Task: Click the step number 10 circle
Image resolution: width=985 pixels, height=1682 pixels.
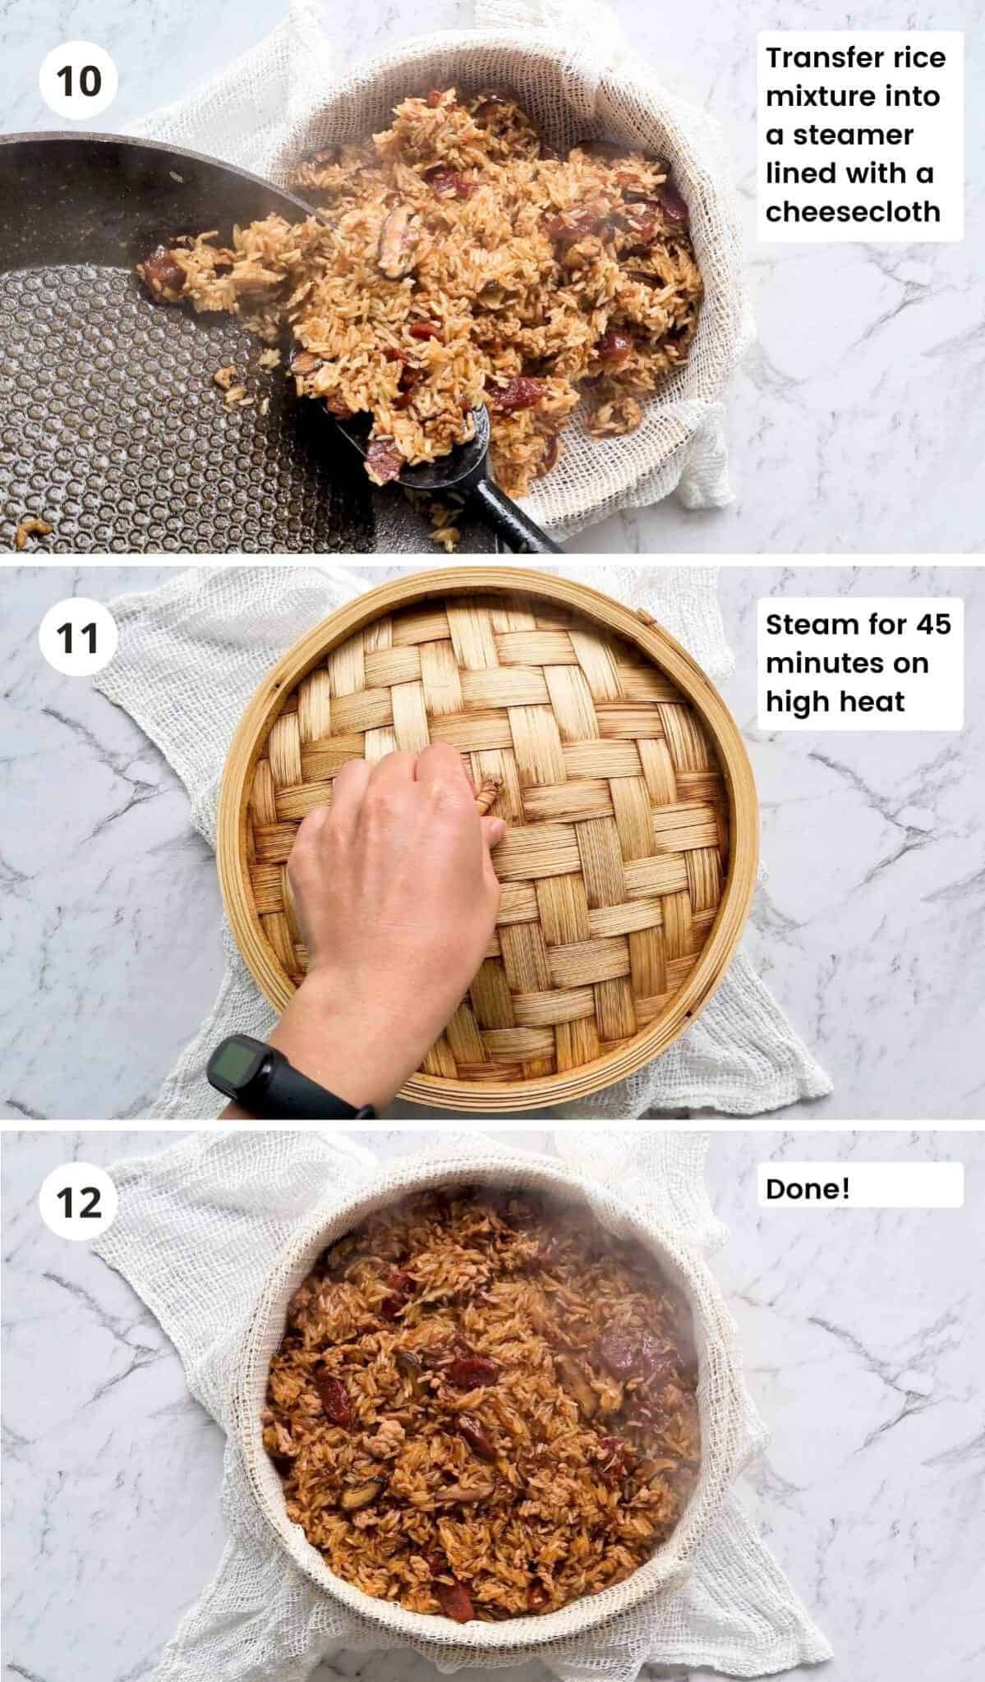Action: (x=79, y=82)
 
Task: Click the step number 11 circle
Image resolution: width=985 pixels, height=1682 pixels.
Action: (x=79, y=638)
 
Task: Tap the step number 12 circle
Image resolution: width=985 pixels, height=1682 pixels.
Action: (x=79, y=1203)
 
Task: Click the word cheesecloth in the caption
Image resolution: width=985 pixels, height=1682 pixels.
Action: (x=853, y=212)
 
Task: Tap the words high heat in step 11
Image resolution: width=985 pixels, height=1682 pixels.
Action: (x=835, y=701)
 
